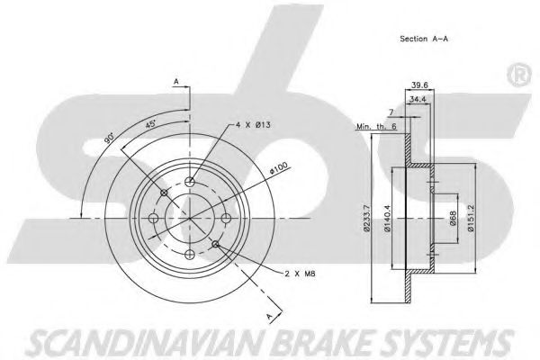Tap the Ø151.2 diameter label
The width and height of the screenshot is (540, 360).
pyautogui.click(x=471, y=220)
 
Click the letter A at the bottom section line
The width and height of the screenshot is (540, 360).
pyautogui.click(x=268, y=315)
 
